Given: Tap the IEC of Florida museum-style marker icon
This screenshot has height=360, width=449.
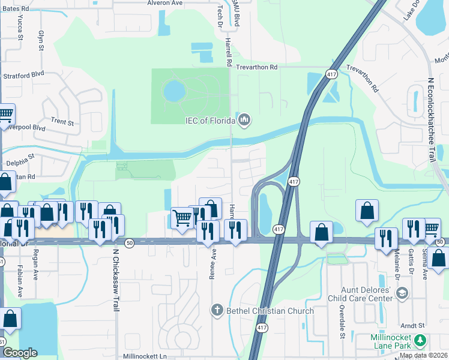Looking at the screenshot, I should pos(244,121).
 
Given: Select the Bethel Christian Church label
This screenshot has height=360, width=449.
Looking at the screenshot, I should pos(270,311).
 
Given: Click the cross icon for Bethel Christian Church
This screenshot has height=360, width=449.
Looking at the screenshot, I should pos(217,310).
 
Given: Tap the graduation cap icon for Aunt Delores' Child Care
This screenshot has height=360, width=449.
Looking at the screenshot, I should pos(402,293).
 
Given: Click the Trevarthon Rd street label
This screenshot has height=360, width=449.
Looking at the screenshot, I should pos(256,68).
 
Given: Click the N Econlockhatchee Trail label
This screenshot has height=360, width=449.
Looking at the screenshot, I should pos(430,121).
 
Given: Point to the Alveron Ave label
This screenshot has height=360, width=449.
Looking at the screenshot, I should pos(165,3).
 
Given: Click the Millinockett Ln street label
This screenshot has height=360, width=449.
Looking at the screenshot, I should pos(144,356).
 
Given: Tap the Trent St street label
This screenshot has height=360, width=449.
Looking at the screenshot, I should pos(62,122).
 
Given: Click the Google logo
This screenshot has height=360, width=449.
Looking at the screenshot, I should pos(20,353).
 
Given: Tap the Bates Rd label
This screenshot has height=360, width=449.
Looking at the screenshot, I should pos(16,9).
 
